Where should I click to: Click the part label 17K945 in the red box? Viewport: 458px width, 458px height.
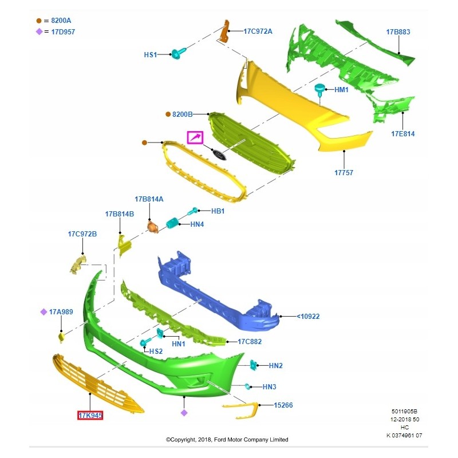[90, 414]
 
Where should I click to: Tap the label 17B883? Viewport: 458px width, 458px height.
[397, 32]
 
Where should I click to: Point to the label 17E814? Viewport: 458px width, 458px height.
[402, 134]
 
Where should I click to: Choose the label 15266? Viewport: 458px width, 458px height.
[283, 405]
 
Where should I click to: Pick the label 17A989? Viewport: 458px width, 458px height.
[61, 312]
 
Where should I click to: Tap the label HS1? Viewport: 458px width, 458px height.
[150, 55]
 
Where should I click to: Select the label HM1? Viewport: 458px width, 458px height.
[341, 90]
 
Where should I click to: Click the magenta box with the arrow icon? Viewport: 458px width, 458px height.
[195, 137]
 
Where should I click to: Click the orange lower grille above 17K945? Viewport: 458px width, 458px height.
[97, 384]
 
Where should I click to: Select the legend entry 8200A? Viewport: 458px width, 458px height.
[54, 21]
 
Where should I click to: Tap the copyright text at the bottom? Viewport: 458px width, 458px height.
[227, 440]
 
